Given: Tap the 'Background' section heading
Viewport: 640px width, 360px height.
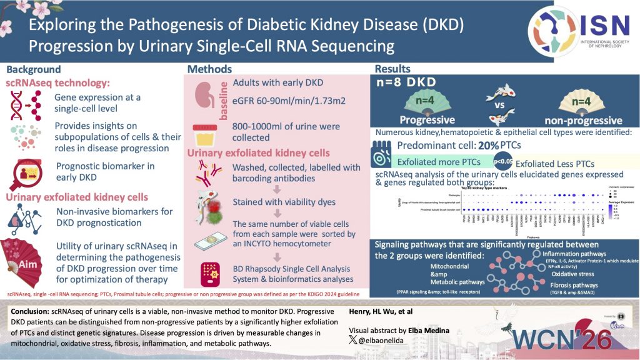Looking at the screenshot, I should coord(34,69).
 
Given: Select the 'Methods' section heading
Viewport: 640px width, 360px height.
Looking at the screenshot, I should coord(210,69).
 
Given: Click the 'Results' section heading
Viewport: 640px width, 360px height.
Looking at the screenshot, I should coord(392,69).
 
